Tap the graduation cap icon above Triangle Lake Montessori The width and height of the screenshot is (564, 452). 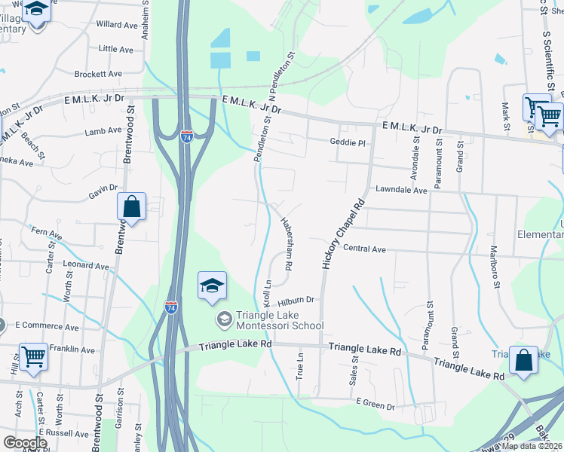(x=213, y=286)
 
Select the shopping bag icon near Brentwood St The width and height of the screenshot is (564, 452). (x=131, y=206)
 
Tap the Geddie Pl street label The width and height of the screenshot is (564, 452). (x=347, y=142)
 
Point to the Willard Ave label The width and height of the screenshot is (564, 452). (x=117, y=25)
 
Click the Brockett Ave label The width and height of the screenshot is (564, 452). (x=98, y=74)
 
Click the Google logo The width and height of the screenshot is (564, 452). (x=25, y=443)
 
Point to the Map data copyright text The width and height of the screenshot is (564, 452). (x=529, y=446)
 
